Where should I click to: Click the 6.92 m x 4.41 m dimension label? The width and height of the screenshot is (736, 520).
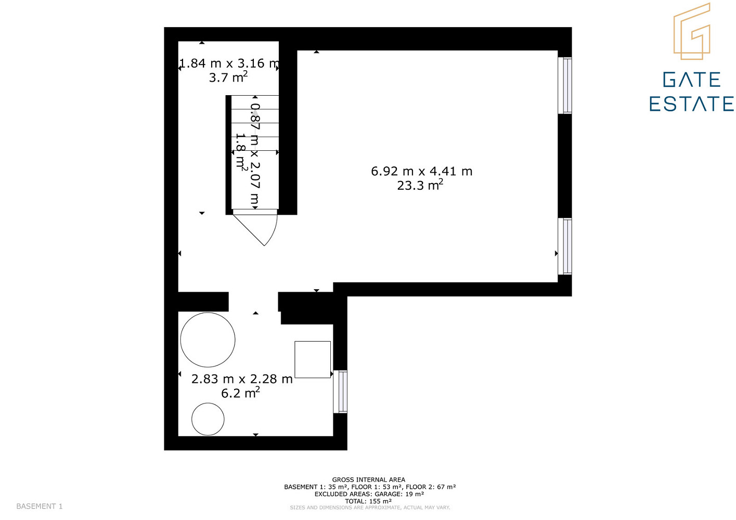(x=421, y=171)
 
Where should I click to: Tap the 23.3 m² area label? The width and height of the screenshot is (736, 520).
(x=420, y=185)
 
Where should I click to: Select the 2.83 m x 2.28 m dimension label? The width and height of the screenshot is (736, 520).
(x=242, y=379)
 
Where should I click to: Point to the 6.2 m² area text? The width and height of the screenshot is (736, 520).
(x=240, y=393)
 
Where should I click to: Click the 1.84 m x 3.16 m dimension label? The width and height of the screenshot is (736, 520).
(x=229, y=63)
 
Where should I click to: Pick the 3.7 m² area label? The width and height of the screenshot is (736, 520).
(x=228, y=77)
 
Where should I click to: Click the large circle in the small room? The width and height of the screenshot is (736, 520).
(x=208, y=340)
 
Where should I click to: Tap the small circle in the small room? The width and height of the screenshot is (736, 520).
(x=208, y=419)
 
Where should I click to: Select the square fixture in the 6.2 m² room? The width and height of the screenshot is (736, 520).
(x=313, y=359)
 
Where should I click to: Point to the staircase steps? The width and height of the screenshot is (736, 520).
(x=255, y=152)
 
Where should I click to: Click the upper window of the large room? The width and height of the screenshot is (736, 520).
(x=565, y=85)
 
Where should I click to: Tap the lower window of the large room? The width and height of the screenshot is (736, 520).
(x=565, y=246)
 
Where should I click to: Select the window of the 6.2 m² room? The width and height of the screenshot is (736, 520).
(x=340, y=392)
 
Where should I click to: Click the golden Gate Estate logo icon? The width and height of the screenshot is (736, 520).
(x=692, y=31)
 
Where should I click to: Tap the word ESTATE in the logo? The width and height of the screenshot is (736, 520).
(x=691, y=104)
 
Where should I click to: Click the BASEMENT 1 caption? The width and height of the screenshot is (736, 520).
(x=40, y=506)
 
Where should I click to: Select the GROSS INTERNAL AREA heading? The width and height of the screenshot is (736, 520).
(x=369, y=479)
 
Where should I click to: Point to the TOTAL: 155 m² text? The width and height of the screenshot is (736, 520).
(x=368, y=501)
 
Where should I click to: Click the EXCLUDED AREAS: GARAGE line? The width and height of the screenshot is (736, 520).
(x=369, y=493)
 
